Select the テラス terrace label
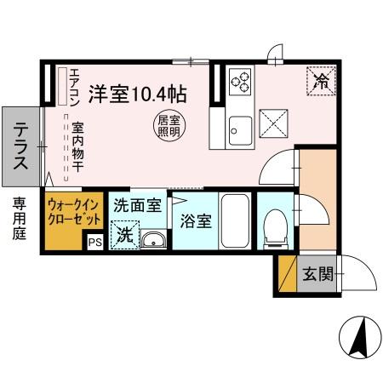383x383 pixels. pos(20,147)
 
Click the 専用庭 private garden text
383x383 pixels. pos(19,219)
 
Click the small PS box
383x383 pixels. pos(94,242)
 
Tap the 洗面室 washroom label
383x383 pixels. pos(137,205)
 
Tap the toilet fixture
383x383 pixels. pos(273,226)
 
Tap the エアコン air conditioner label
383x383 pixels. pos(75,85)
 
